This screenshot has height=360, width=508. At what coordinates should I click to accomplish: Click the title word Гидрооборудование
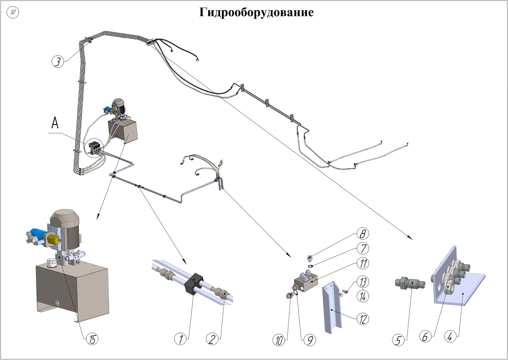256,12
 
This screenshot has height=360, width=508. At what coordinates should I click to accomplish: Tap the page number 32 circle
13,13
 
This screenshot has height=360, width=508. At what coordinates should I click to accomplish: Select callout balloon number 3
58,61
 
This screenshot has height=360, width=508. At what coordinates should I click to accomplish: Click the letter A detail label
55,123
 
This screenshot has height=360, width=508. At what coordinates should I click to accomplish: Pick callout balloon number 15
92,339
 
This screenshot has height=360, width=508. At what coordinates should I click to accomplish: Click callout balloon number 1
181,339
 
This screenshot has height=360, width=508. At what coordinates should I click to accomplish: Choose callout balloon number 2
212,339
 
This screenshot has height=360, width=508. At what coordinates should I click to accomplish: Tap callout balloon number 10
279,340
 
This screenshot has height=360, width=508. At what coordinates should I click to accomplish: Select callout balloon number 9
309,340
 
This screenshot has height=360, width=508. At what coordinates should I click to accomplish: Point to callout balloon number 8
362,234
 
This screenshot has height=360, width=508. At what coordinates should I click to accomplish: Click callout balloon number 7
363,248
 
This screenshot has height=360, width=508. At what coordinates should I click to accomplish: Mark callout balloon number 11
363,263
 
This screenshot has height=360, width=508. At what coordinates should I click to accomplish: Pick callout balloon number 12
363,319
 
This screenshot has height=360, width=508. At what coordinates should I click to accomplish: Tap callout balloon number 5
398,340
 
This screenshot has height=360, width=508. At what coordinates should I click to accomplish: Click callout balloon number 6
425,337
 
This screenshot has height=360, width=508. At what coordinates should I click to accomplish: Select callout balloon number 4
450,337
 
